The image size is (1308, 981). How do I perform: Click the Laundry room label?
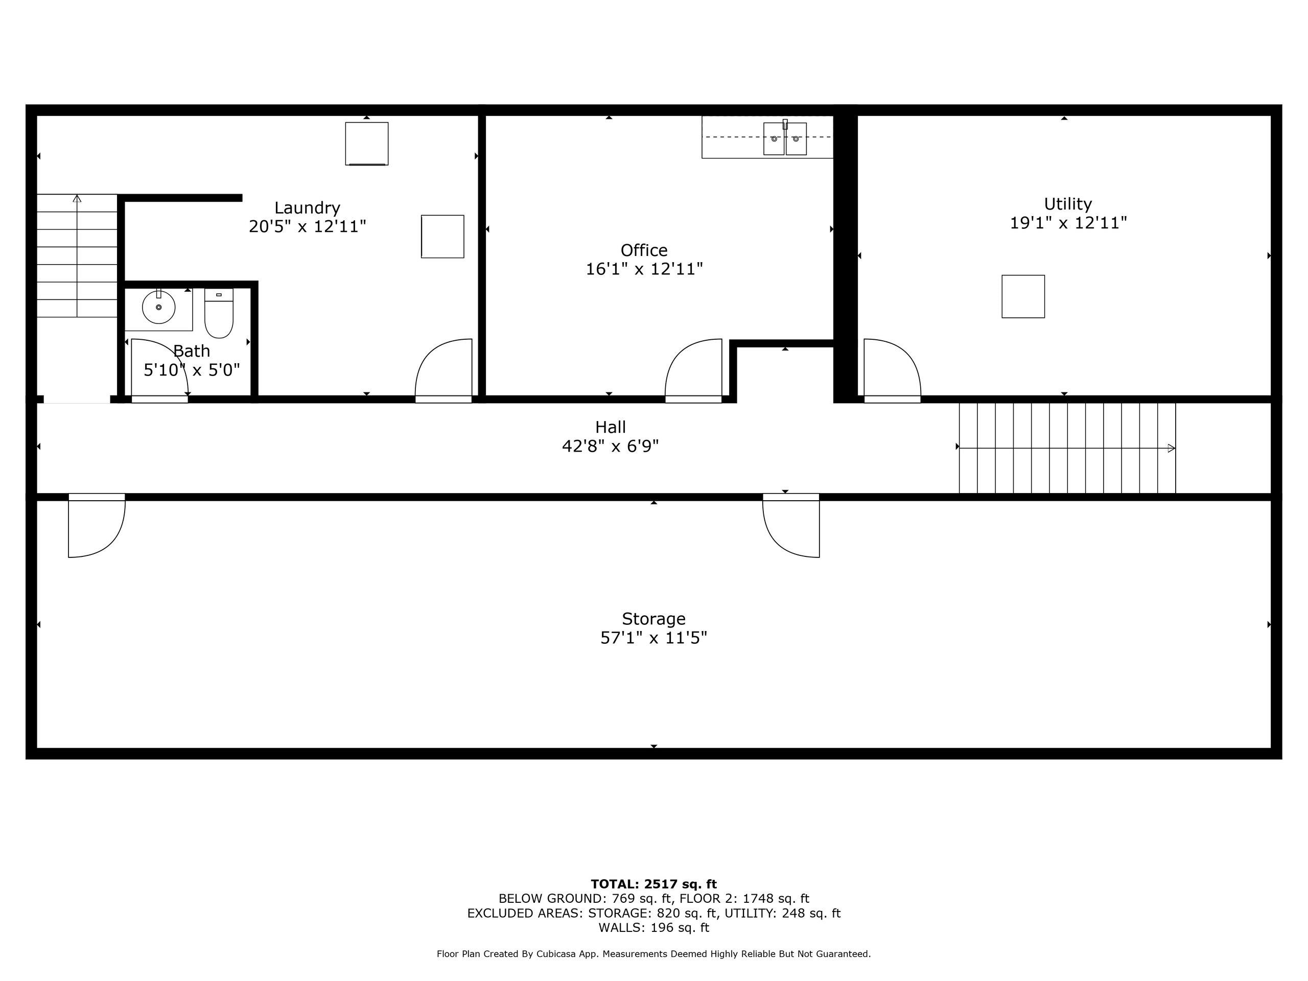[307, 207]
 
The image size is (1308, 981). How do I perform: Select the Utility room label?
[1067, 204]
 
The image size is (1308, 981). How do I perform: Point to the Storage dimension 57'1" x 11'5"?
[653, 638]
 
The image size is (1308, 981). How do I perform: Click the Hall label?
[610, 427]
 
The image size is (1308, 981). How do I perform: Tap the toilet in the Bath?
[219, 313]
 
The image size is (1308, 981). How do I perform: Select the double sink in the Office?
[785, 138]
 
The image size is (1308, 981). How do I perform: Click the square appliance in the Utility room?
[1023, 296]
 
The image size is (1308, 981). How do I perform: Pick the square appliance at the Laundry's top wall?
[367, 144]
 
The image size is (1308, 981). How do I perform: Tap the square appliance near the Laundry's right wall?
[442, 237]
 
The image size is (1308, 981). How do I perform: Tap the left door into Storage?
[97, 525]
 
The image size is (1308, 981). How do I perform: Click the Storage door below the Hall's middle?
[791, 525]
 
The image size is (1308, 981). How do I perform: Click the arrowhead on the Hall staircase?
[1172, 448]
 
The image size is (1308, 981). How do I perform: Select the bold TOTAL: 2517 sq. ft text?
[653, 884]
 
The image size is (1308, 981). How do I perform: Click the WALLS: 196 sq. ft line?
[653, 927]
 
